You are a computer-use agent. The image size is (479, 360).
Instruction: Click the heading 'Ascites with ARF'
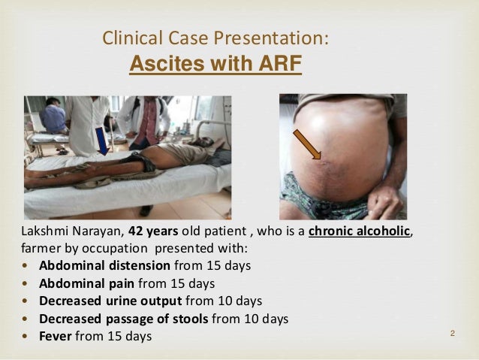(215, 65)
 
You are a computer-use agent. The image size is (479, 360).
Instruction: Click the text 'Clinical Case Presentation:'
(215, 38)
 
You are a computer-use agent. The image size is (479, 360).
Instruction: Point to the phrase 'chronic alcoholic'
(360, 231)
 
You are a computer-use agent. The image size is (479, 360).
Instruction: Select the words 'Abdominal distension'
(104, 266)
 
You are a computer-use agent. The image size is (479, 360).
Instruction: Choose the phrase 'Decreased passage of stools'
(124, 319)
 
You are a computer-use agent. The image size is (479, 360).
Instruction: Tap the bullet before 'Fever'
(29, 336)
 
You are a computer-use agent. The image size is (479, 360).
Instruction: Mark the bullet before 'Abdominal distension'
(29, 266)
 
